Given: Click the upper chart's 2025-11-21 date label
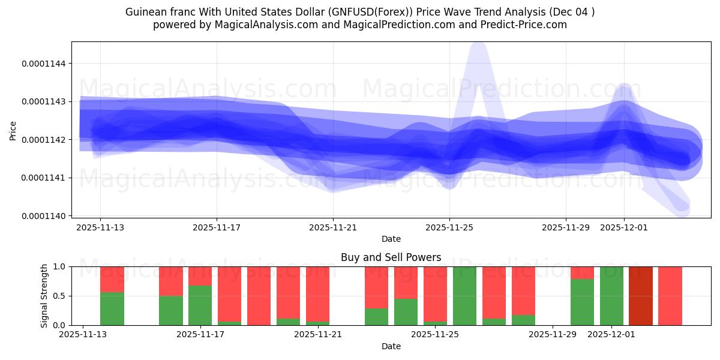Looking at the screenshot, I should pyautogui.click(x=333, y=228).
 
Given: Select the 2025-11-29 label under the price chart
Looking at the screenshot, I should pyautogui.click(x=566, y=228).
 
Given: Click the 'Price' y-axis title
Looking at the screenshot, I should pyautogui.click(x=13, y=130).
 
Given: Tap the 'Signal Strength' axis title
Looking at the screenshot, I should pyautogui.click(x=44, y=296).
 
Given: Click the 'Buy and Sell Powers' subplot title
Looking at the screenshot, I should pyautogui.click(x=391, y=257).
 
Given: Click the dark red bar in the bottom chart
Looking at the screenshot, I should pyautogui.click(x=641, y=296).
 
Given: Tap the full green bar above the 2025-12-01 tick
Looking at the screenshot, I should pyautogui.click(x=611, y=296).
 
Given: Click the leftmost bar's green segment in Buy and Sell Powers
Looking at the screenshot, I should pyautogui.click(x=112, y=308).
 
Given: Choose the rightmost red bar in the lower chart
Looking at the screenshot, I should pyautogui.click(x=670, y=296).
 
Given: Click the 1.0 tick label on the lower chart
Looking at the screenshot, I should pyautogui.click(x=61, y=266).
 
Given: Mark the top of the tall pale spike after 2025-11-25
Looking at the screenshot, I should pyautogui.click(x=478, y=45).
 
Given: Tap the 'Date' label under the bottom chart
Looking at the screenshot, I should pyautogui.click(x=391, y=346).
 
